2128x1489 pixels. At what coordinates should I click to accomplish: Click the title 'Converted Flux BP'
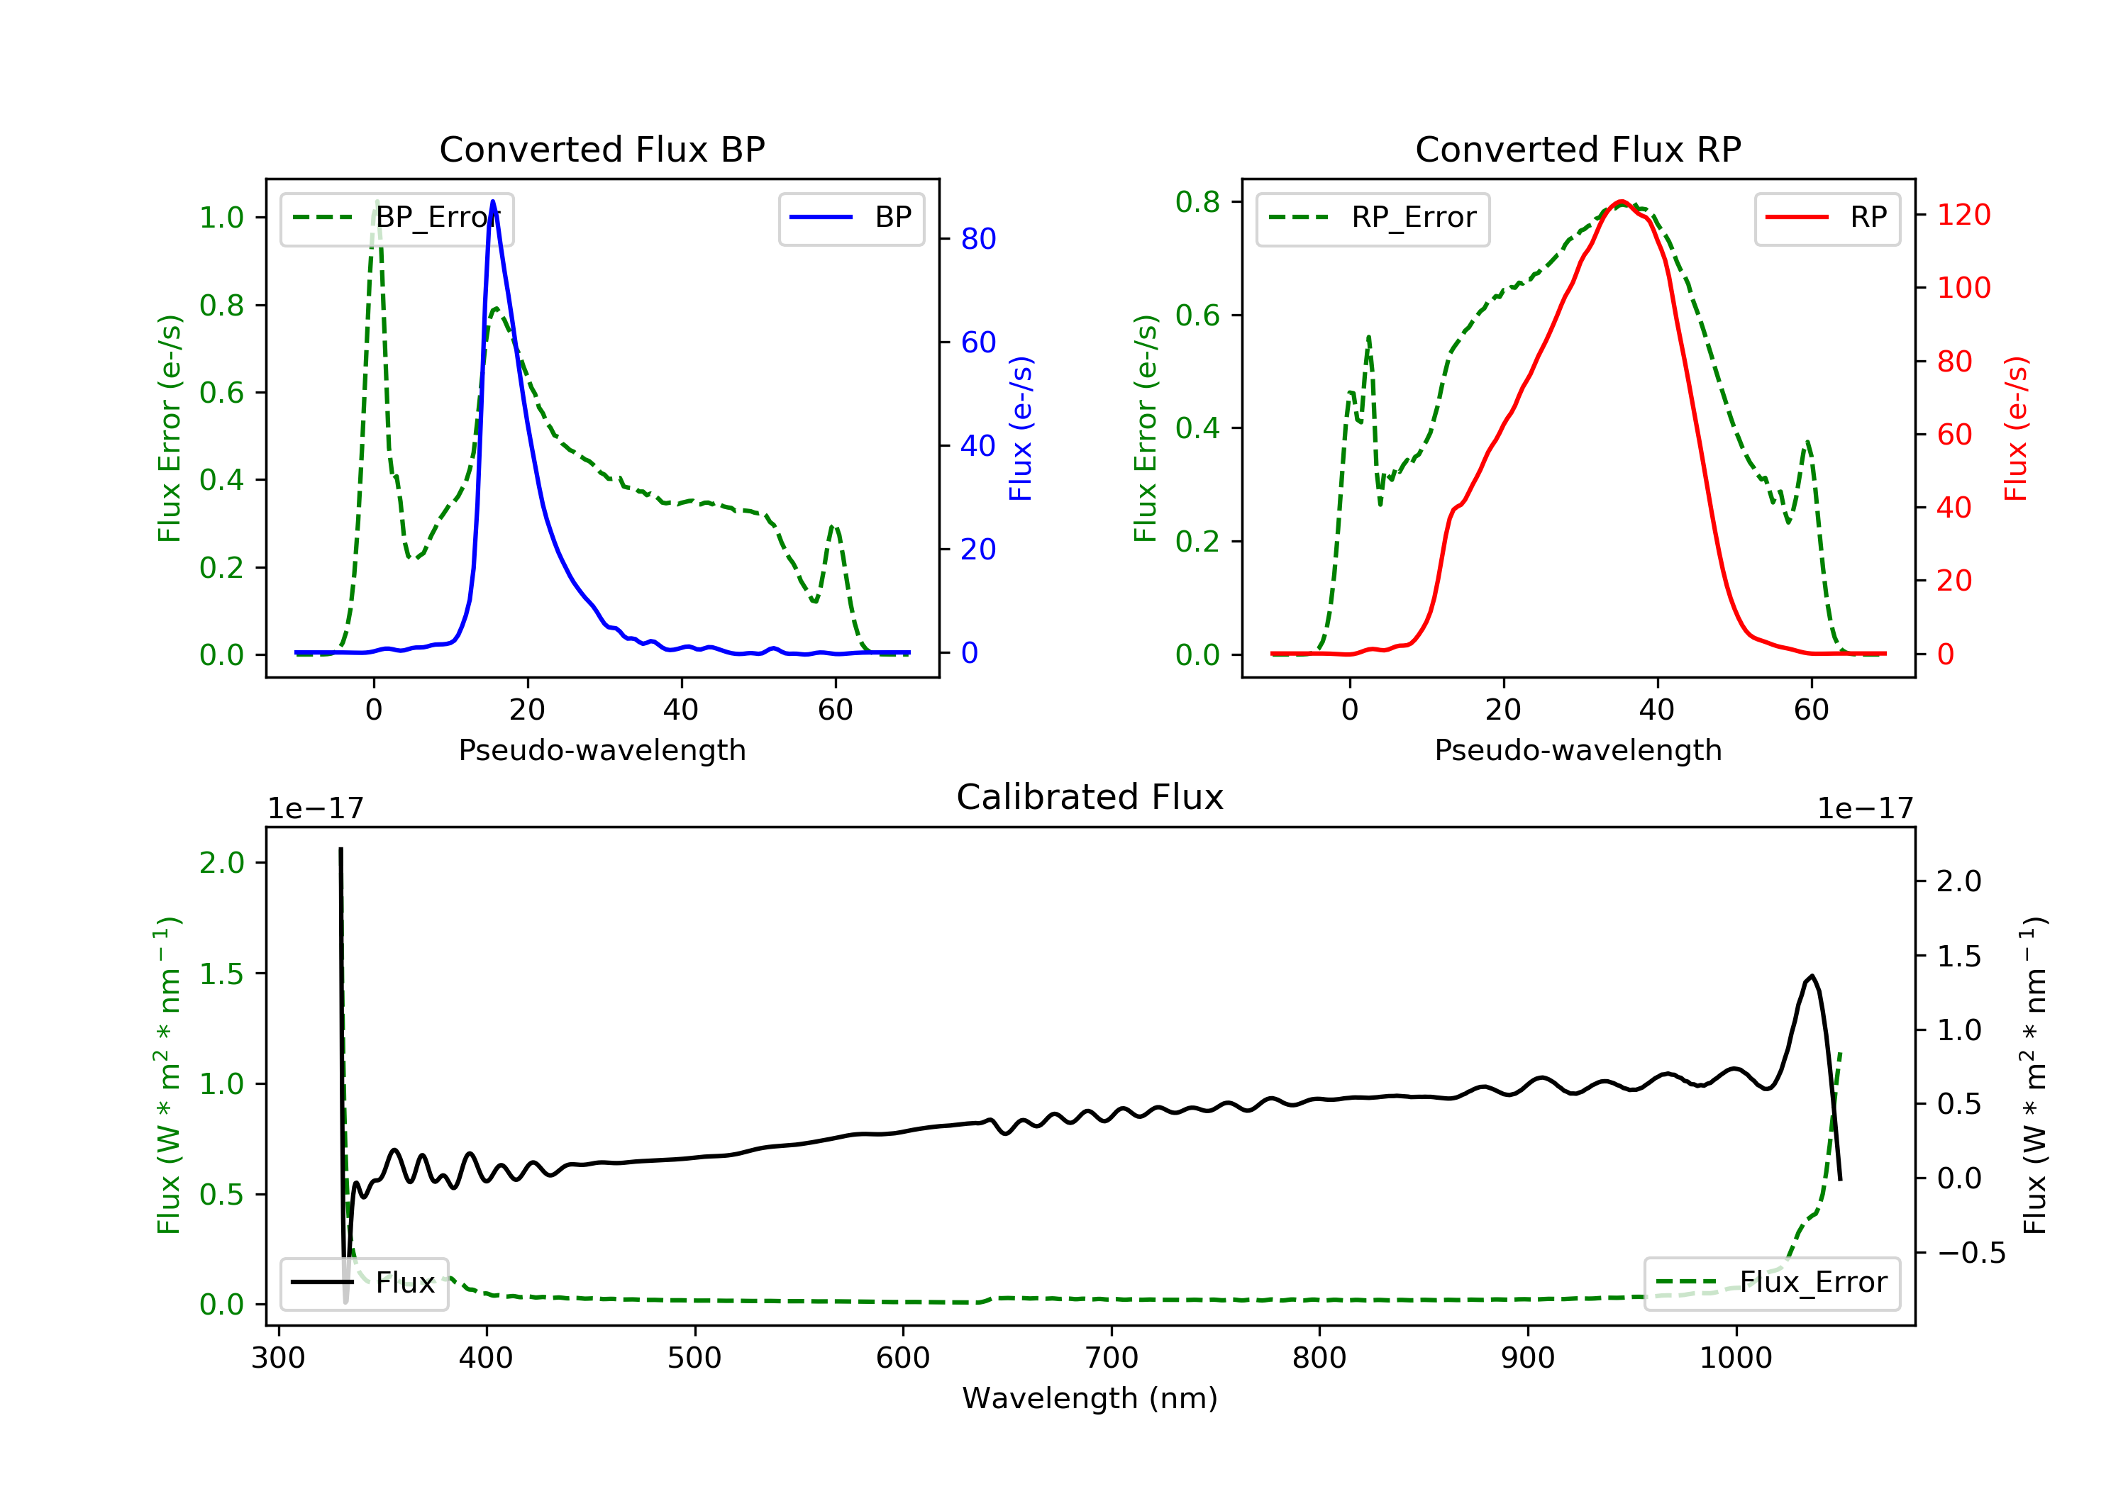coord(602,149)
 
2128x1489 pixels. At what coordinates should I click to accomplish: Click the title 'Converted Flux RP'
coord(1578,149)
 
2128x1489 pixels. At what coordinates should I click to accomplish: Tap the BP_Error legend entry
coord(397,218)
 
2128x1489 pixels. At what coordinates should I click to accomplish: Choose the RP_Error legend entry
coord(1373,218)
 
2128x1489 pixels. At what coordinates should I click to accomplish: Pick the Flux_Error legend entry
coord(1771,1283)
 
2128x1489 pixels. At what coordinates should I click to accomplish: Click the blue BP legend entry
coord(850,218)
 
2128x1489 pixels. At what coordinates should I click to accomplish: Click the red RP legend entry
coord(1827,218)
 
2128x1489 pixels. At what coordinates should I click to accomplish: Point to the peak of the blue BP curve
coord(492,201)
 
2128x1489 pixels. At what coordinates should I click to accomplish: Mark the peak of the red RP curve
coord(1620,202)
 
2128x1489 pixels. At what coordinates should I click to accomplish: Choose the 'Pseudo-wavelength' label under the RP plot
coord(1578,749)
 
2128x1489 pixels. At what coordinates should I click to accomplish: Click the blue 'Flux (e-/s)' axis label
coord(1021,428)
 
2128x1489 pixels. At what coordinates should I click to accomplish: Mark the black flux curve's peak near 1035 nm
coord(1811,976)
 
